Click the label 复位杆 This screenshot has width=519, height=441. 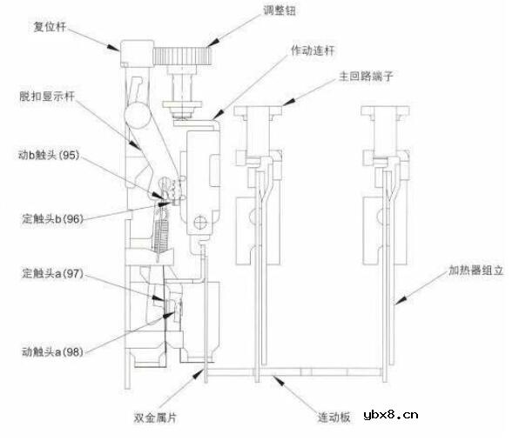(50, 27)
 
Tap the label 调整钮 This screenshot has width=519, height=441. (280, 10)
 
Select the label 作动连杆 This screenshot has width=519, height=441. (313, 50)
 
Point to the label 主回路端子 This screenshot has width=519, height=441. (366, 77)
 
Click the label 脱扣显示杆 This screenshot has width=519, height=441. (47, 97)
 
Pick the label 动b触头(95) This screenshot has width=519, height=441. (49, 155)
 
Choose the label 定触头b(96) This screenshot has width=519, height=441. (52, 218)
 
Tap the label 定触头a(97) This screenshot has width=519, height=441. (52, 273)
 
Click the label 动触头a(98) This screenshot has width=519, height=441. (52, 351)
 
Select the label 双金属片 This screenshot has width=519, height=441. (155, 418)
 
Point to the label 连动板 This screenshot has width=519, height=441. (334, 418)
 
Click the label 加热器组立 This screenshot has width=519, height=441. (476, 271)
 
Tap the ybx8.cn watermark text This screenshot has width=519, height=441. (391, 415)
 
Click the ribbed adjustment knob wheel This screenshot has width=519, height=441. (183, 56)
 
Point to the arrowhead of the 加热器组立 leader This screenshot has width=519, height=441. (401, 300)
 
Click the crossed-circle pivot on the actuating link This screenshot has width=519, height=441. (200, 222)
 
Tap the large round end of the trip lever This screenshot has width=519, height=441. (137, 115)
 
